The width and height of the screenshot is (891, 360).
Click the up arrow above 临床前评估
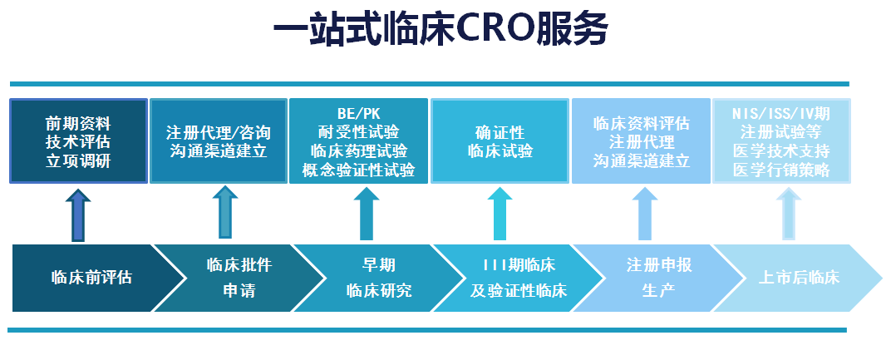[78, 215]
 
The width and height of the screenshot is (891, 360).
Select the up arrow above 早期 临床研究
[367, 214]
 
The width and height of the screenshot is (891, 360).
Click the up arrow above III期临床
[500, 214]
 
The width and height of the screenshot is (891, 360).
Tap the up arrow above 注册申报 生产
[645, 214]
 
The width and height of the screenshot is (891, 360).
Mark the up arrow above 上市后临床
[789, 214]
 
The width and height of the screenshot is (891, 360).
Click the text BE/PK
[358, 114]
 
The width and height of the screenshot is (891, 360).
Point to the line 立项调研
[78, 161]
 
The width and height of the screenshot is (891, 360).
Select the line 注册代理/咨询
[219, 132]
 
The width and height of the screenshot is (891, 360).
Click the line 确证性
[500, 132]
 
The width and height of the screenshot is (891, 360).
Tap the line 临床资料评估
[642, 123]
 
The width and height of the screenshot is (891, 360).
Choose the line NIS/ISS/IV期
[781, 114]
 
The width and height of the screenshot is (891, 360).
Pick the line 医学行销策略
[781, 170]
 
